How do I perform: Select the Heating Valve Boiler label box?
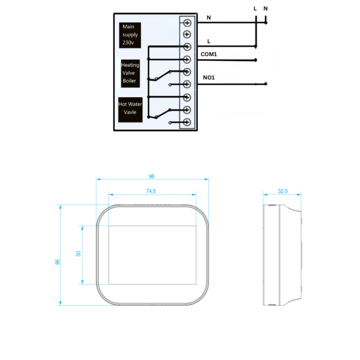[130, 73]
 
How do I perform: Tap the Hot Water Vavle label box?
[130, 109]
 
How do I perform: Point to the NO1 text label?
[208, 78]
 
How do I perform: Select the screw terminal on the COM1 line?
[187, 60]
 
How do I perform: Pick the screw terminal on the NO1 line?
[187, 84]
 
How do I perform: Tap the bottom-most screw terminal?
[187, 122]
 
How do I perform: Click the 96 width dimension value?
[152, 176]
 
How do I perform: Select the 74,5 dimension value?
[151, 191]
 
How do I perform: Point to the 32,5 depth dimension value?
[282, 191]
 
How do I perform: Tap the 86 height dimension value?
[57, 262]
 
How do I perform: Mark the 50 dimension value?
[78, 254]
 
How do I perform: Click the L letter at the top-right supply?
[256, 8]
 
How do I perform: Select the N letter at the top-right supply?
[265, 8]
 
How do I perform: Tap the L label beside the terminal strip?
[208, 41]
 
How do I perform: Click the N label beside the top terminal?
[208, 18]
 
